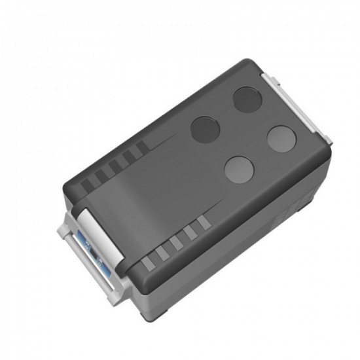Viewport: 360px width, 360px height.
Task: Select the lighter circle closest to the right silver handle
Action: click(282, 139)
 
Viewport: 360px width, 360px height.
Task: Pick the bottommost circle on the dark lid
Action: click(239, 169)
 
